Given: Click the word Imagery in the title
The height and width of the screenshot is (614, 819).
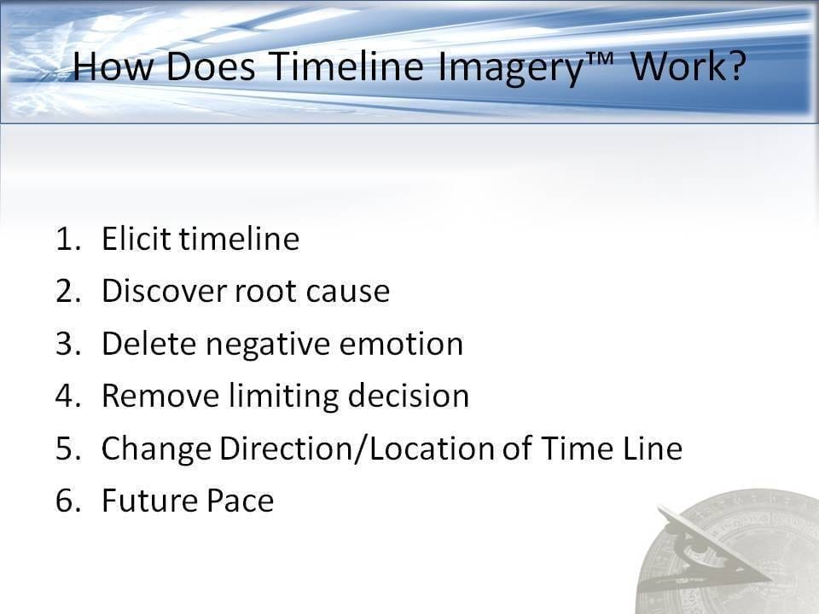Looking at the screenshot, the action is [x=509, y=68].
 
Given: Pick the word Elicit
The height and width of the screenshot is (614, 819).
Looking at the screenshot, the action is [x=136, y=238].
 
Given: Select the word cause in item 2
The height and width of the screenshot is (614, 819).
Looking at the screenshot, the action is [x=348, y=293].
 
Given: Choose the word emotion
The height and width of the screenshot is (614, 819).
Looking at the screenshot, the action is [x=401, y=344].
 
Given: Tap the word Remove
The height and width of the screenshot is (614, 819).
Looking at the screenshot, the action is [x=160, y=395].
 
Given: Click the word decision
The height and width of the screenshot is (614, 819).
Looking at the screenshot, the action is [x=409, y=395].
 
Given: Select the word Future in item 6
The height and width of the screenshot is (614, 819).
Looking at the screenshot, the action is [x=148, y=501].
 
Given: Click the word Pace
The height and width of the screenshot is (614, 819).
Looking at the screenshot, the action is [x=240, y=501].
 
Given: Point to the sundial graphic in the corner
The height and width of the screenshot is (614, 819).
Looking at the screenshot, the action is [x=729, y=552].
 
